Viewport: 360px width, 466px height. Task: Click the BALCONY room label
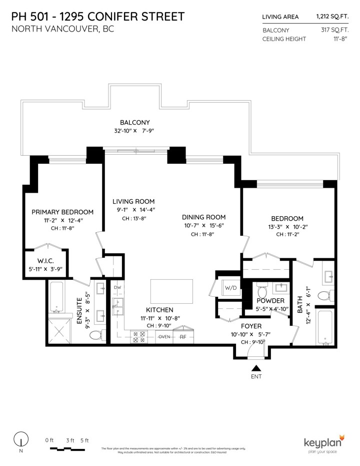pyautogui.click(x=134, y=122)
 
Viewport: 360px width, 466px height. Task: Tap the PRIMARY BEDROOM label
pyautogui.click(x=62, y=212)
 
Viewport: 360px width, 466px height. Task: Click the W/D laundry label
pyautogui.click(x=230, y=288)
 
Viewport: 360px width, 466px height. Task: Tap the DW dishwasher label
pyautogui.click(x=117, y=288)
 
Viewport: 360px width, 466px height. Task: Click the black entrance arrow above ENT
pyautogui.click(x=255, y=368)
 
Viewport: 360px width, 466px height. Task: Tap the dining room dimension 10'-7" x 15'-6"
pyautogui.click(x=203, y=226)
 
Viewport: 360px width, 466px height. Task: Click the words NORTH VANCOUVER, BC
pyautogui.click(x=62, y=29)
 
